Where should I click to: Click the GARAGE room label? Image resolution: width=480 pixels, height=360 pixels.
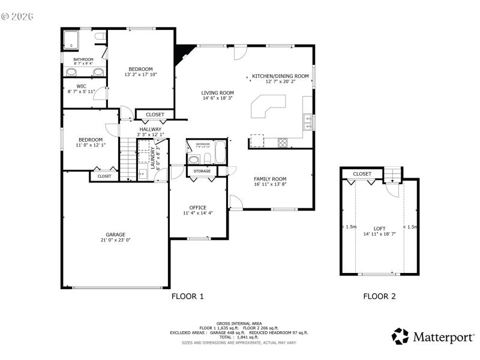(x=116, y=234)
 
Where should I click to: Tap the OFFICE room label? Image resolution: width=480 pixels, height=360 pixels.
(x=198, y=208)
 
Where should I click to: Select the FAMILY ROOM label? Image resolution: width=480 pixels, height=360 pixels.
(x=270, y=179)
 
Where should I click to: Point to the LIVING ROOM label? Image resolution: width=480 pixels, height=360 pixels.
(x=217, y=92)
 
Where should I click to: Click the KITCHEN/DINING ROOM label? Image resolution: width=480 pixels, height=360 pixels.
(x=280, y=76)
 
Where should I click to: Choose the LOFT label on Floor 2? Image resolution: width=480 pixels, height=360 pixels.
(x=379, y=229)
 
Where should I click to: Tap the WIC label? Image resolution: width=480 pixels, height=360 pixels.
(x=82, y=86)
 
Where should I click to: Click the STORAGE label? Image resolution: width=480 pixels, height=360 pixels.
(x=202, y=172)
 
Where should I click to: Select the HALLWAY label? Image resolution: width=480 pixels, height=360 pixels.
(x=150, y=129)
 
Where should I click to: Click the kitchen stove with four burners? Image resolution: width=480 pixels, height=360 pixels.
(x=282, y=142)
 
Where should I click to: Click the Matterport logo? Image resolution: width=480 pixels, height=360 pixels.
(x=433, y=337)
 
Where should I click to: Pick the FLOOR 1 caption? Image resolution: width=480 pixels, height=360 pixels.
(x=188, y=296)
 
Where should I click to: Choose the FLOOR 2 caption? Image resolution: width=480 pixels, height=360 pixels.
(x=379, y=296)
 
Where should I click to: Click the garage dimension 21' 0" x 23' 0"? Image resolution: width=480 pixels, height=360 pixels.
(x=116, y=240)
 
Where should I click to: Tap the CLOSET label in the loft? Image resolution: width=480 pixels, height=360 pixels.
(x=362, y=174)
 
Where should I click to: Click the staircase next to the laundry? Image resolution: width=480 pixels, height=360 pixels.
(x=127, y=158)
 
